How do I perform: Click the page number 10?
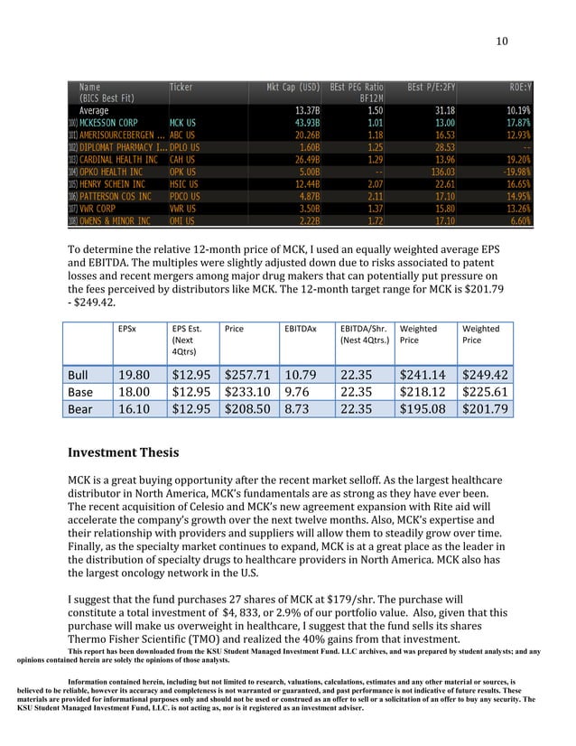pos(502,41)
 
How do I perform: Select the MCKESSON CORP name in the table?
pos(108,121)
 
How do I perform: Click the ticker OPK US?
pos(183,172)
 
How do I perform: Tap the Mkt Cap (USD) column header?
pos(293,87)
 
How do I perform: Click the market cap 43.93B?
pos(305,121)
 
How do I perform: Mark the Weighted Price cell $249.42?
pos(484,376)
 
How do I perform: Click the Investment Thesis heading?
pos(124,452)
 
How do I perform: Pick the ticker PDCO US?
pos(185,196)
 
